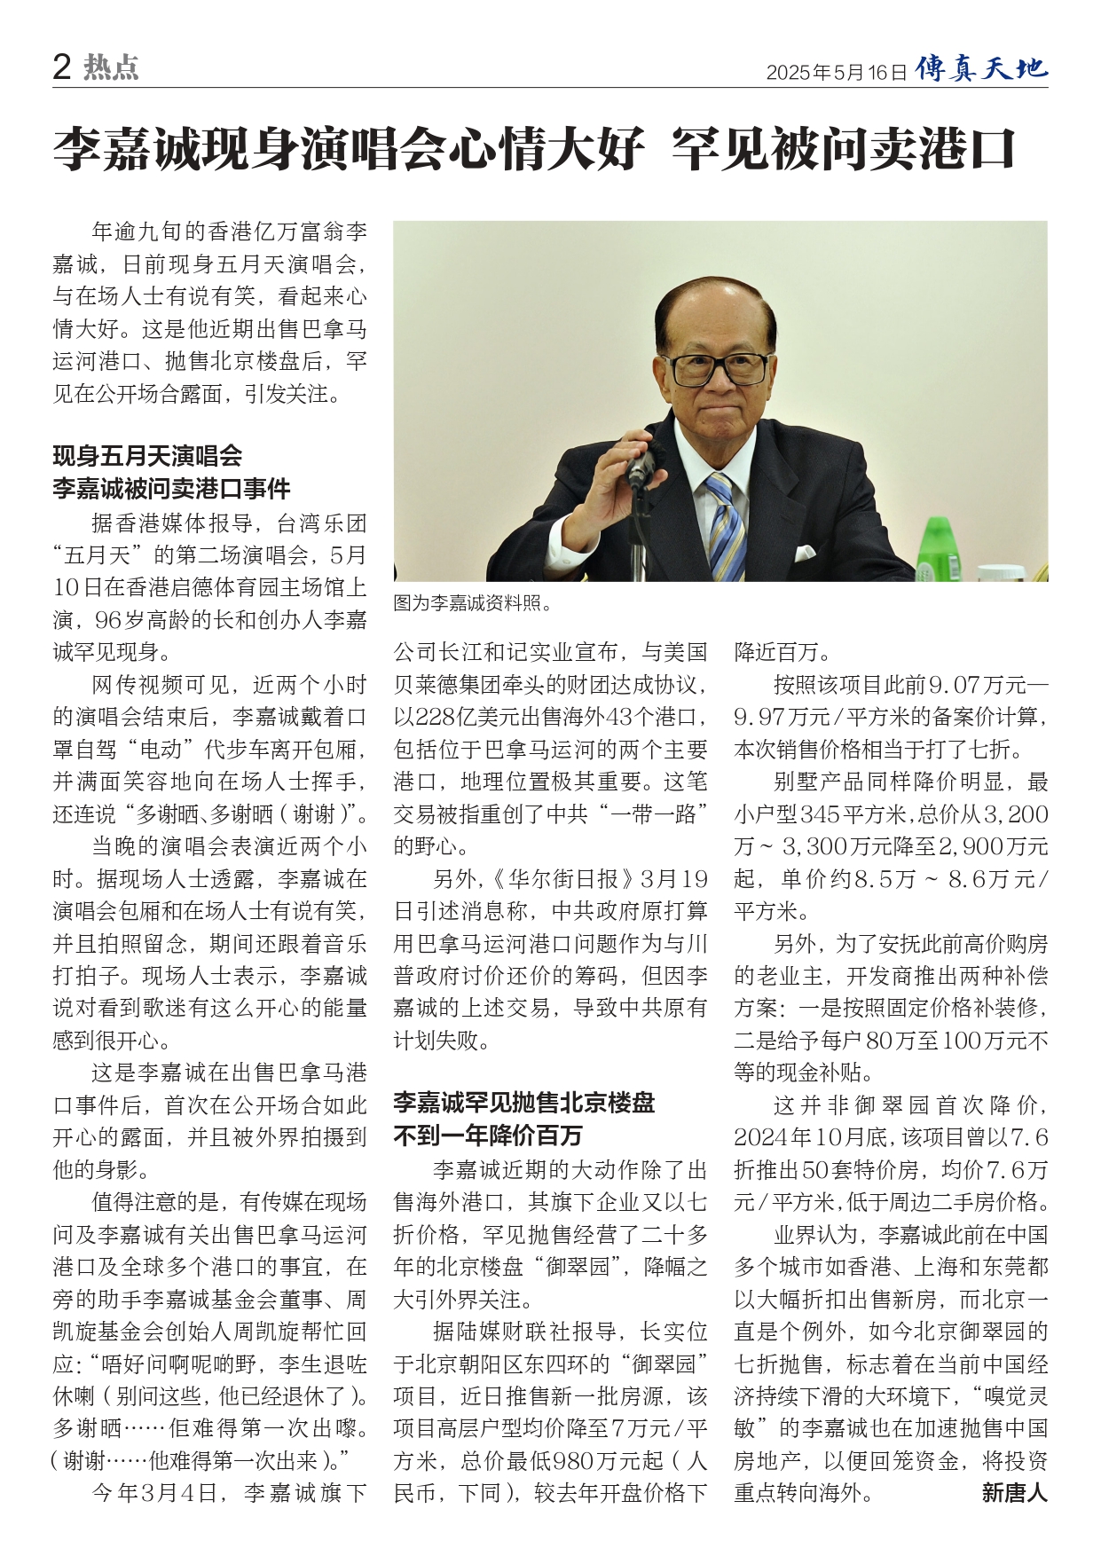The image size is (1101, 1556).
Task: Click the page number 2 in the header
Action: (62, 67)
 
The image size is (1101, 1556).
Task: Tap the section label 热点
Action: (111, 67)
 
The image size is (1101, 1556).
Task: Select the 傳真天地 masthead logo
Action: (981, 68)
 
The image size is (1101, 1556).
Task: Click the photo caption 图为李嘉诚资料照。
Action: (473, 604)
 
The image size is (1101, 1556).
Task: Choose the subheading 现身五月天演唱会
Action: (147, 456)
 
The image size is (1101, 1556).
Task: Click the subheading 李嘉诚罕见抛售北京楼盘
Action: (523, 1103)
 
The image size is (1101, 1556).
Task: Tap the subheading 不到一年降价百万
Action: (488, 1136)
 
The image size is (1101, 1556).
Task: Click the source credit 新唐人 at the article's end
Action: (1014, 1493)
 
